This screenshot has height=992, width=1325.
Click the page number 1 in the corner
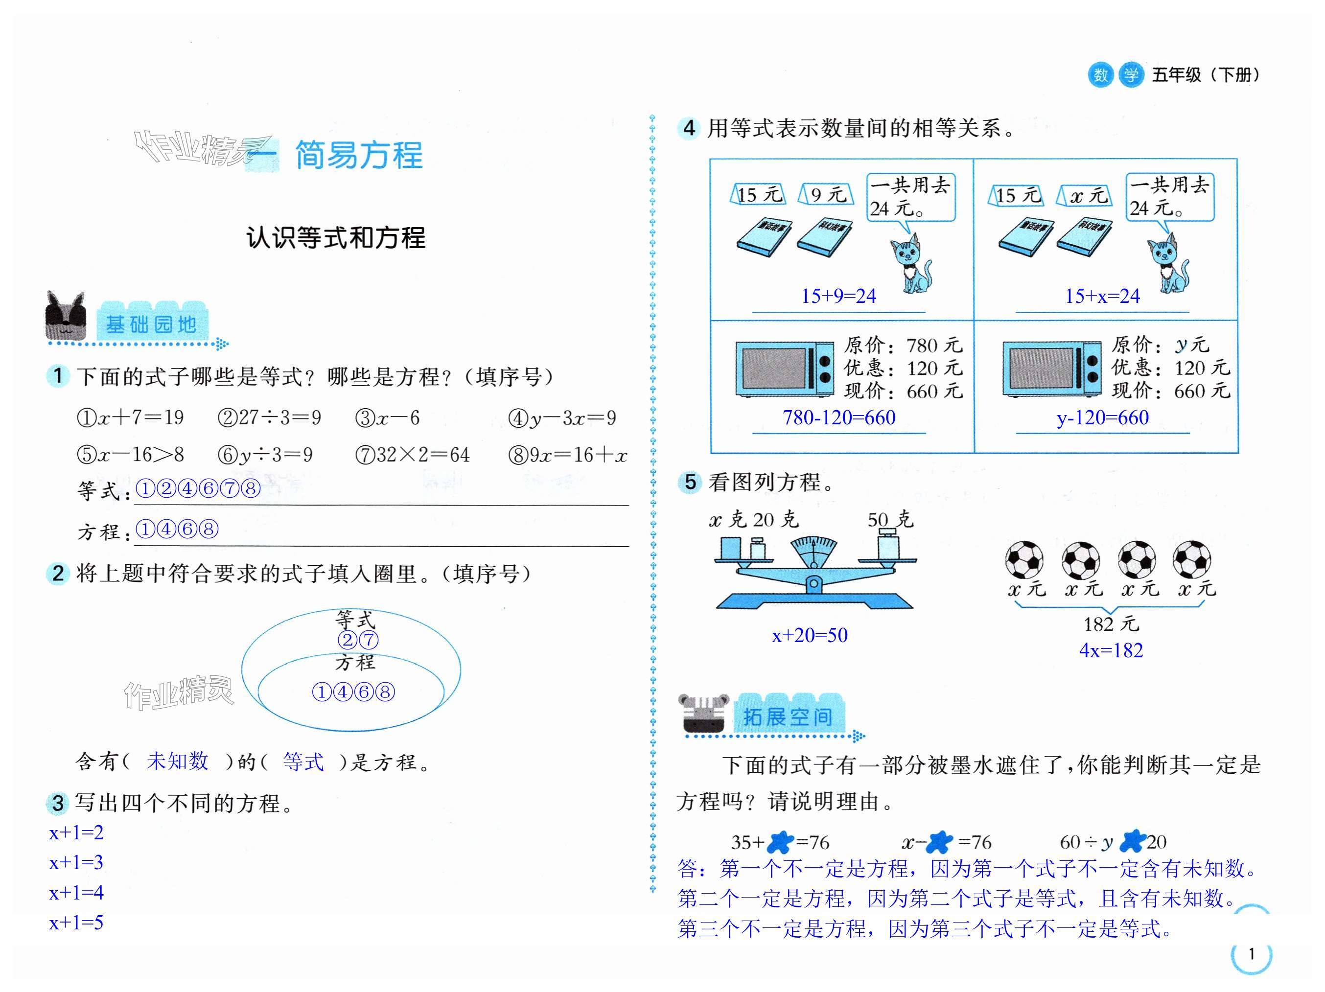1251,954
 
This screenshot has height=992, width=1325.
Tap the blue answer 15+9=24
838,296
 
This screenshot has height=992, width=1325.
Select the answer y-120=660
1102,417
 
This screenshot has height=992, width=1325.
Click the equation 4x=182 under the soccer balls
1111,650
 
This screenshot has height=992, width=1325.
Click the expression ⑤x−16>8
130,455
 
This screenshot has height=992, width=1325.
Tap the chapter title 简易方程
359,155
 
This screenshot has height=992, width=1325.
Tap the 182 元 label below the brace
1111,624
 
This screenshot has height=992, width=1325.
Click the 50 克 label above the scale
890,519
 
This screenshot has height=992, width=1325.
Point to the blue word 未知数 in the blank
177,761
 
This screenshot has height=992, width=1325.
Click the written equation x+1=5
76,923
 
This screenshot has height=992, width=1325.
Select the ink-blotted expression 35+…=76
779,842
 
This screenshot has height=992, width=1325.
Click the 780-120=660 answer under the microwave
838,417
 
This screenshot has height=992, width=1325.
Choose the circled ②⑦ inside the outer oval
358,640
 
